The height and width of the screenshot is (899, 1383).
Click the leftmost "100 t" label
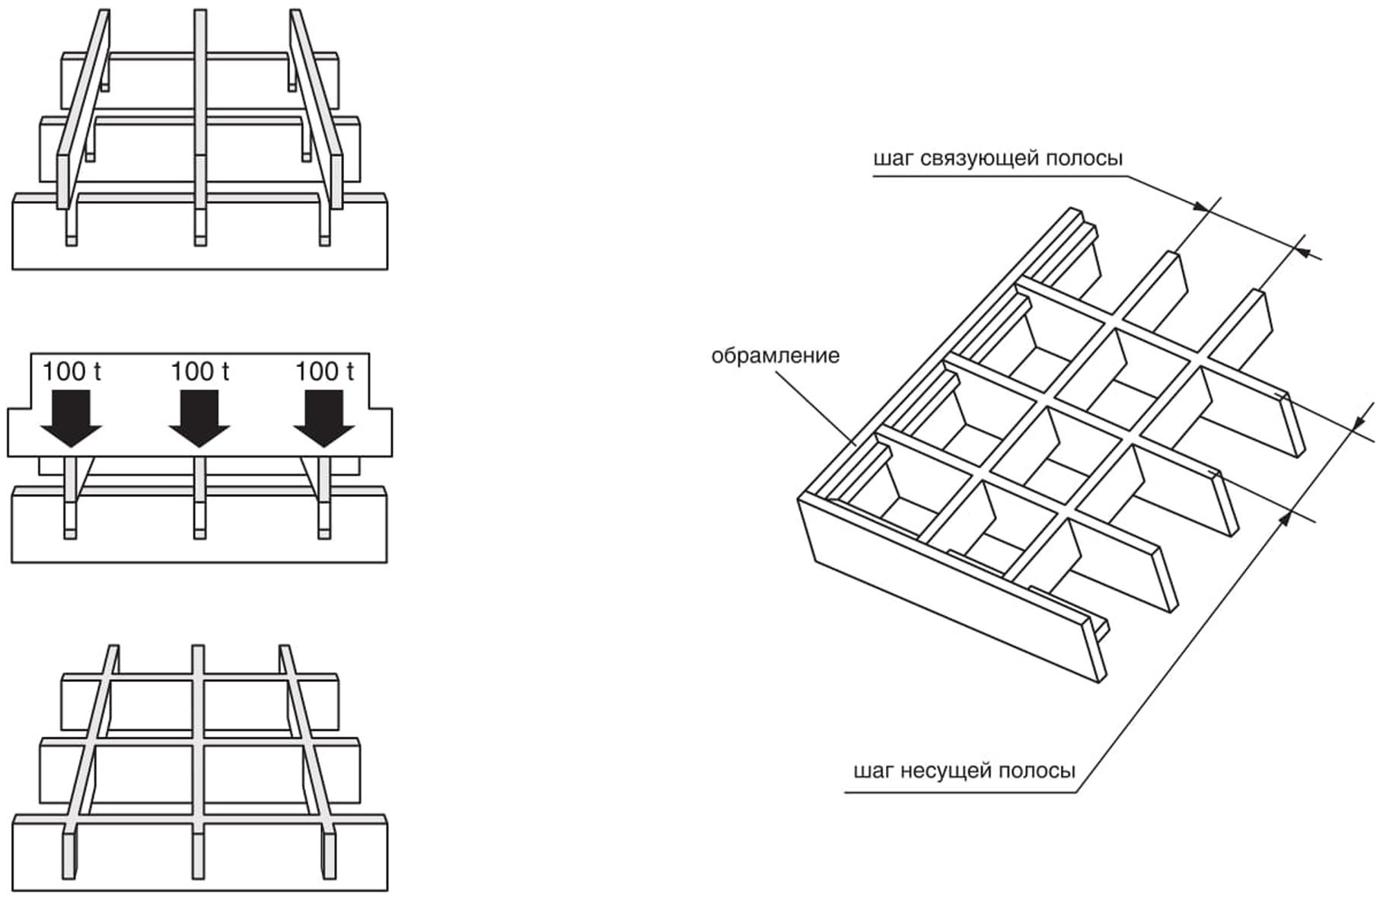(71, 371)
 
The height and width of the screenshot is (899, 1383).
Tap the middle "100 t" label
(199, 371)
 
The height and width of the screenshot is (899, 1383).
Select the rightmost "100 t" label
(324, 371)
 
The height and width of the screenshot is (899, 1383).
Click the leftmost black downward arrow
(71, 419)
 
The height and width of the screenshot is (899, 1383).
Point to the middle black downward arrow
(199, 419)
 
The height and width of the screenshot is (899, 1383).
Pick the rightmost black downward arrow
(324, 419)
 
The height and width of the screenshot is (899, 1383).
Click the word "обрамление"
(775, 355)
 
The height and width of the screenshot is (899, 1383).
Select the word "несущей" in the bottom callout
(945, 771)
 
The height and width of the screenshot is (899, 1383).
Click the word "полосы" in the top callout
(1084, 158)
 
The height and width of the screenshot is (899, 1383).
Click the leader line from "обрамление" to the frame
(818, 403)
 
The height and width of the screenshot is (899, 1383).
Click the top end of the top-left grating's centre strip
(200, 15)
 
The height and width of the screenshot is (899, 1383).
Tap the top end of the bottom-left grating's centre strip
(198, 652)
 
